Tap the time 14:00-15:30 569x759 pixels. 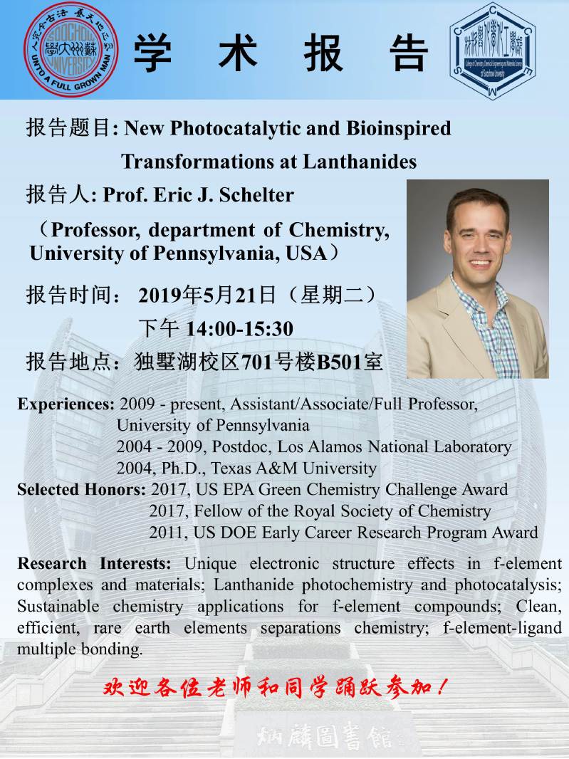239,328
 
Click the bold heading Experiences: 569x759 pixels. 66,404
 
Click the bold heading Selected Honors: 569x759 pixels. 82,490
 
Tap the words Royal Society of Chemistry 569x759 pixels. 390,511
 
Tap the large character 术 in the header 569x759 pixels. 238,52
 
